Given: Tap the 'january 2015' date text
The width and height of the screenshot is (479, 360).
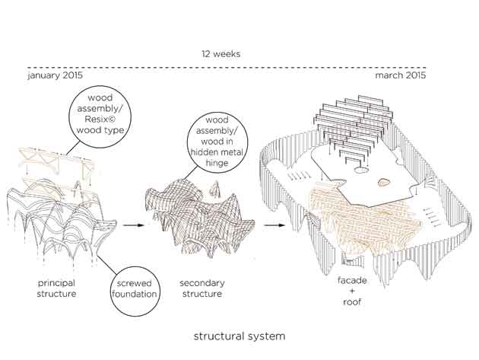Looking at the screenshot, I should click(56, 76).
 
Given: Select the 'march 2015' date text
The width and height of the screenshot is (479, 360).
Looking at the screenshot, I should click(401, 76).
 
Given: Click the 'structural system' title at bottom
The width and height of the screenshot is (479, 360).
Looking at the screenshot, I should click(238, 336).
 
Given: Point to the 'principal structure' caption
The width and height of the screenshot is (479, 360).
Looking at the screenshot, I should click(56, 288).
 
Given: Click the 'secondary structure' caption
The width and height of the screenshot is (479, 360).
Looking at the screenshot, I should click(201, 288).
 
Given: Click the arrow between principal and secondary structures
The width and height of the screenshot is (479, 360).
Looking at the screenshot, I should click(134, 225).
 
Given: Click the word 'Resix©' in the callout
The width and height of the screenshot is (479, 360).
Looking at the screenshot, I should click(106, 119).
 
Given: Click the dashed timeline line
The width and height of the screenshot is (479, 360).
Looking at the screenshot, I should click(228, 68).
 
